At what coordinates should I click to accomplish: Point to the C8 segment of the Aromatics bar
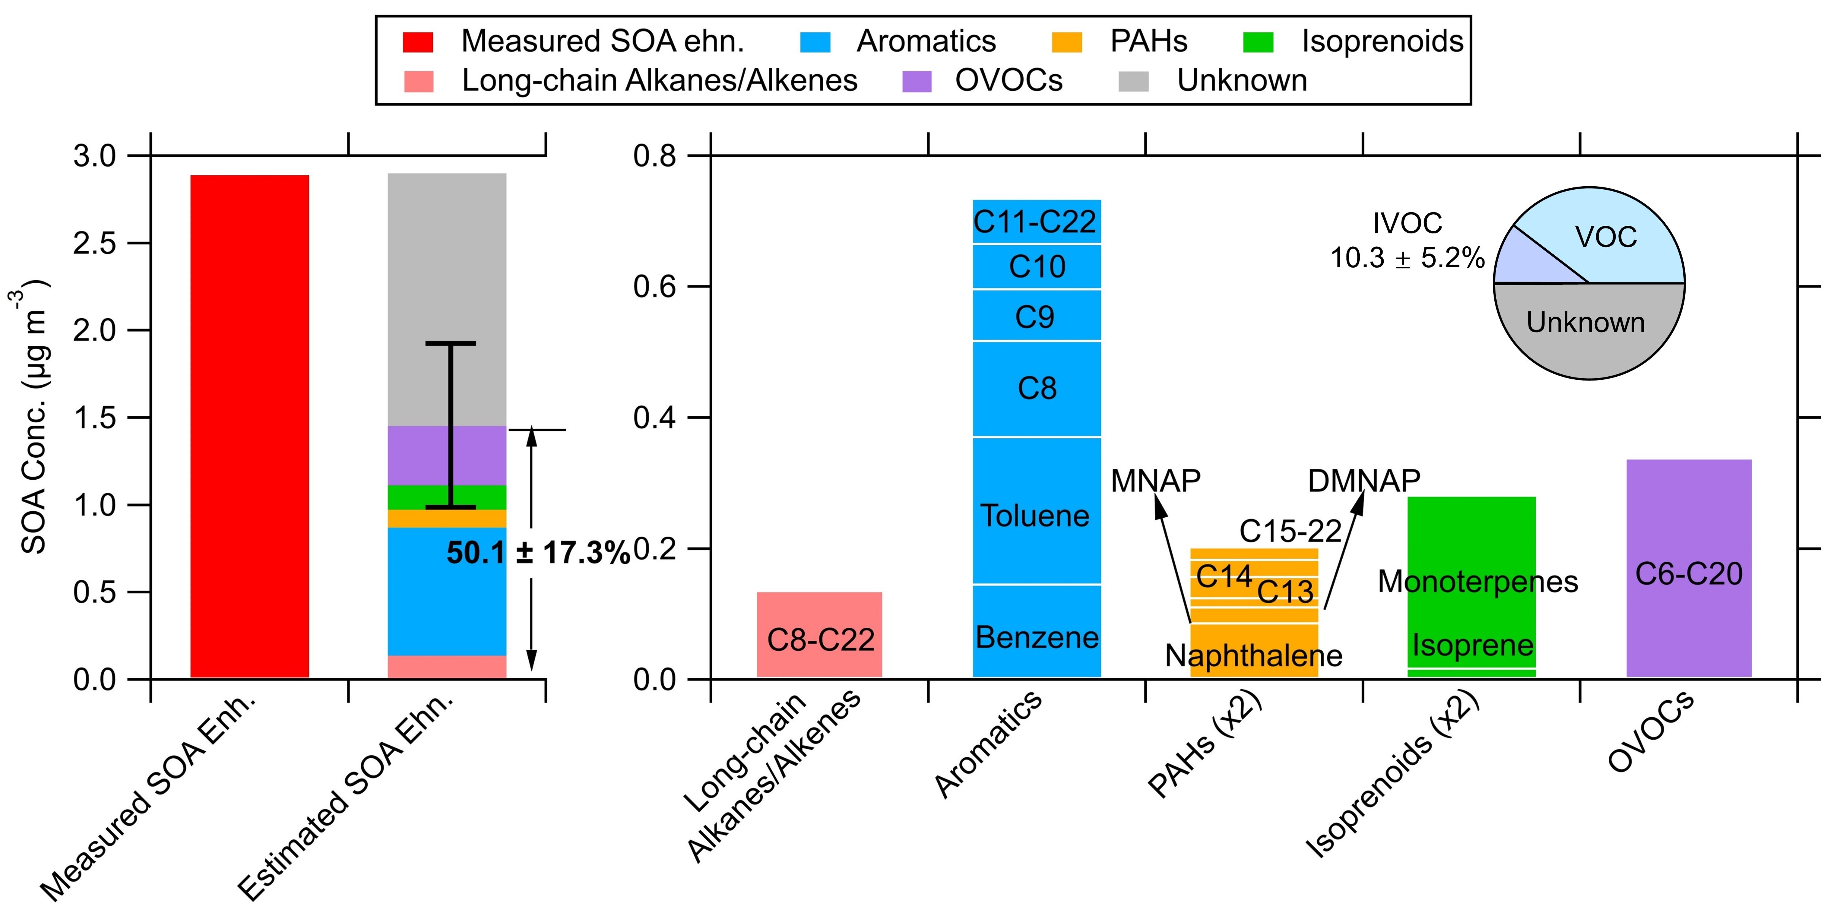(x=1037, y=389)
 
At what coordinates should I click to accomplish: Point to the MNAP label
(x=1155, y=481)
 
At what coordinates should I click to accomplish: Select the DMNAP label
(x=1363, y=481)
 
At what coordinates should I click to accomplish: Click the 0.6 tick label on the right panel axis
(x=654, y=286)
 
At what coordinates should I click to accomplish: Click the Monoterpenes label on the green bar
(x=1477, y=582)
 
